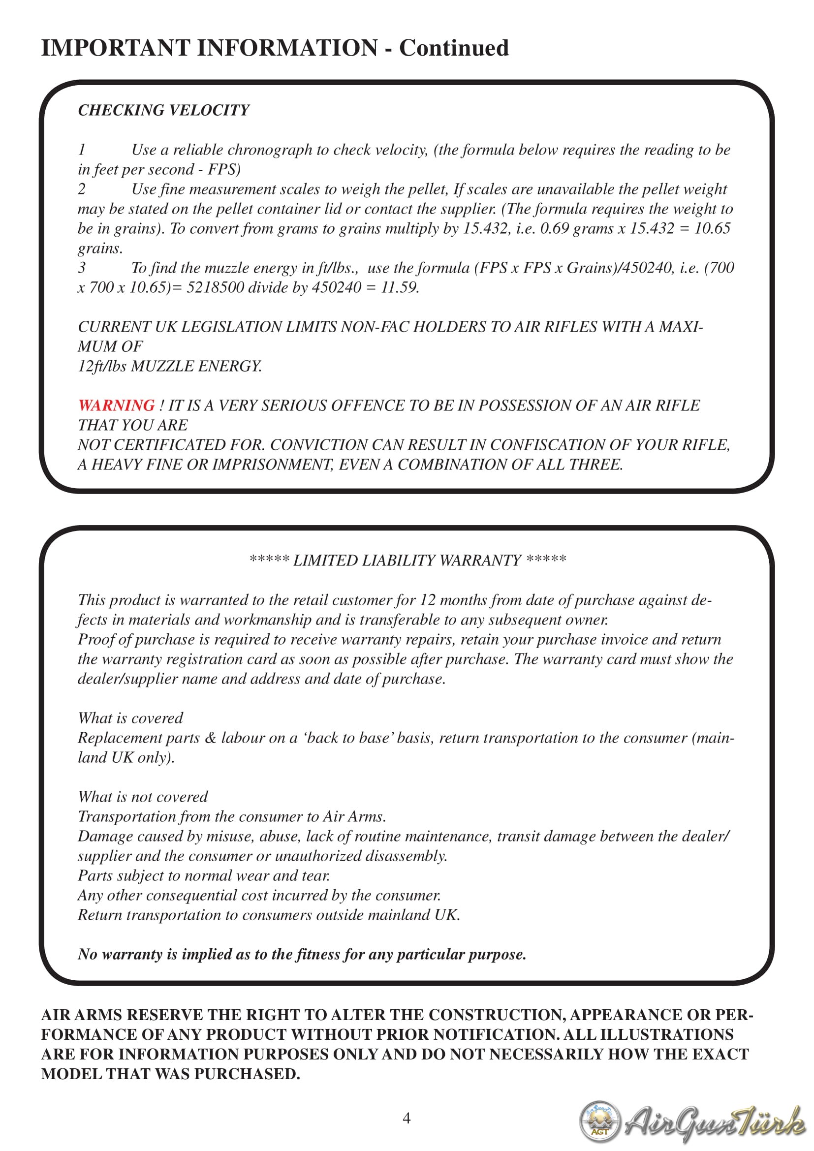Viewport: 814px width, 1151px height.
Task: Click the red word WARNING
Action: pyautogui.click(x=116, y=405)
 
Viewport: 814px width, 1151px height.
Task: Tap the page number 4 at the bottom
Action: pyautogui.click(x=407, y=1118)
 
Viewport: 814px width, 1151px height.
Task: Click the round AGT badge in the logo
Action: pyautogui.click(x=599, y=1121)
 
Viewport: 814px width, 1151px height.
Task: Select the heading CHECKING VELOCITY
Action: pyautogui.click(x=163, y=110)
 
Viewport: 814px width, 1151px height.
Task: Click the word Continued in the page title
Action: pyautogui.click(x=454, y=48)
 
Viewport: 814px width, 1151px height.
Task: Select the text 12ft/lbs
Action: pyautogui.click(x=102, y=366)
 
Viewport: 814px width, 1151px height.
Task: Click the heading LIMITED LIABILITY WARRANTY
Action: pyautogui.click(x=407, y=560)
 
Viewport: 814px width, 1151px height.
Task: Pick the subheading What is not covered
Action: pyautogui.click(x=142, y=797)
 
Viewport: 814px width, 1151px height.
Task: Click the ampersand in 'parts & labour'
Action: pyautogui.click(x=211, y=738)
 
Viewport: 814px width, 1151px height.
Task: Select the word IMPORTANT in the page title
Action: pyautogui.click(x=115, y=48)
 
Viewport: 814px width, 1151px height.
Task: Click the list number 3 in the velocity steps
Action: pyautogui.click(x=82, y=268)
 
